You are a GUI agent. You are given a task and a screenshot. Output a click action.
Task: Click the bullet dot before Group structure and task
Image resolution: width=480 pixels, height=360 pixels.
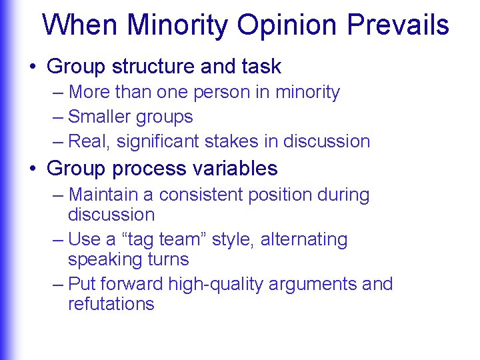coord(33,67)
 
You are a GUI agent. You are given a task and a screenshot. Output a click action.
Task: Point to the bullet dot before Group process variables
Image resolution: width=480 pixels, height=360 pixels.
coord(33,169)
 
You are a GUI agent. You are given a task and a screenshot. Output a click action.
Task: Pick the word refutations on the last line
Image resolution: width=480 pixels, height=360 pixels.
coord(111,304)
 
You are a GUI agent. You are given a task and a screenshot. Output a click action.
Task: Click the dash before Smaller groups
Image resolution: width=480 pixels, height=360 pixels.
coord(57,117)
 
